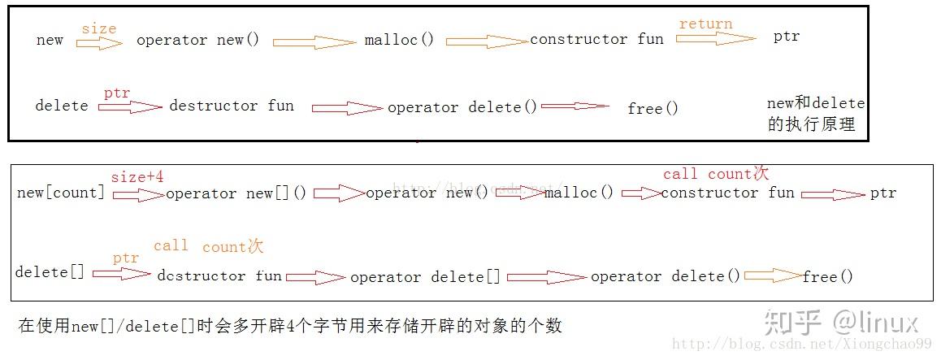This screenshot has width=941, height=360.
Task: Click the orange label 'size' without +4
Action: coord(98,29)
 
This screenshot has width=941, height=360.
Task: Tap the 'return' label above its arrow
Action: coord(705,24)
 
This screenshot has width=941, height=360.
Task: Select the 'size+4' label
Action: coord(137,176)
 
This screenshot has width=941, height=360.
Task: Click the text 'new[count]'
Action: coord(61,193)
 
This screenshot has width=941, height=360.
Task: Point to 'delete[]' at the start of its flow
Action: coord(50,272)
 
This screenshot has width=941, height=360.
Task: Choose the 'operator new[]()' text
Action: coord(236,193)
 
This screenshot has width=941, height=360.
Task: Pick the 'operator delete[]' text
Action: coord(425,277)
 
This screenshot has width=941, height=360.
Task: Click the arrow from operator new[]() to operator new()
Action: coord(339,193)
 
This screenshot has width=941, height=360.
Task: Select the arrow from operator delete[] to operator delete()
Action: coord(546,277)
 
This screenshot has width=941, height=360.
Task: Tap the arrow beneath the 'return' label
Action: coord(715,38)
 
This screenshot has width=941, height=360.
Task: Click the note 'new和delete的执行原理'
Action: coord(815,115)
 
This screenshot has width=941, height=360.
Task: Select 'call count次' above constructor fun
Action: coord(715,174)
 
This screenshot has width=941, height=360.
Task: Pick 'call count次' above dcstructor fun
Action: coord(209,246)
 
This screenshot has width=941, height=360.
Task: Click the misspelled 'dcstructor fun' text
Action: coord(219,275)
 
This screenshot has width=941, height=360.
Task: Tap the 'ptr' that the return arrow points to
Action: coord(786,37)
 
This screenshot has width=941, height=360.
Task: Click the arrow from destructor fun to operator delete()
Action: coord(347,107)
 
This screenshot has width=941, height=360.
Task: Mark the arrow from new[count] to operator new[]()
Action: coord(138,194)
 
